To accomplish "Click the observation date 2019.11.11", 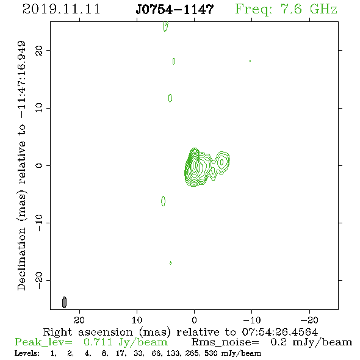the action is click(61, 9).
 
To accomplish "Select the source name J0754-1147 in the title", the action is click(175, 9).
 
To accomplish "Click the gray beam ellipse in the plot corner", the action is click(64, 302).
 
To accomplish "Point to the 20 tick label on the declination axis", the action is click(39, 50).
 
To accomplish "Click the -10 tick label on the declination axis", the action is click(39, 223).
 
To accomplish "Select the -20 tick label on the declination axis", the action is click(39, 280).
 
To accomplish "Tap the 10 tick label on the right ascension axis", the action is click(137, 320).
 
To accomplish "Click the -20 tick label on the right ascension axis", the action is click(309, 320).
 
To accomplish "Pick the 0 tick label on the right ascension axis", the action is click(194, 320).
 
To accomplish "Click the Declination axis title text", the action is click(21, 165).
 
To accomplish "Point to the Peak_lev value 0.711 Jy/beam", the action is click(125, 342).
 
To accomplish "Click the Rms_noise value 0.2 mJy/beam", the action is click(311, 342).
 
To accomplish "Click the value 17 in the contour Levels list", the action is click(121, 353).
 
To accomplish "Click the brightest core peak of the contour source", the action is click(195, 165).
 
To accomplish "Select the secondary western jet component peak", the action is click(221, 162).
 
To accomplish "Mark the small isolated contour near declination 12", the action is click(170, 98).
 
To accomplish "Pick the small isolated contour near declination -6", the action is click(164, 201).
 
